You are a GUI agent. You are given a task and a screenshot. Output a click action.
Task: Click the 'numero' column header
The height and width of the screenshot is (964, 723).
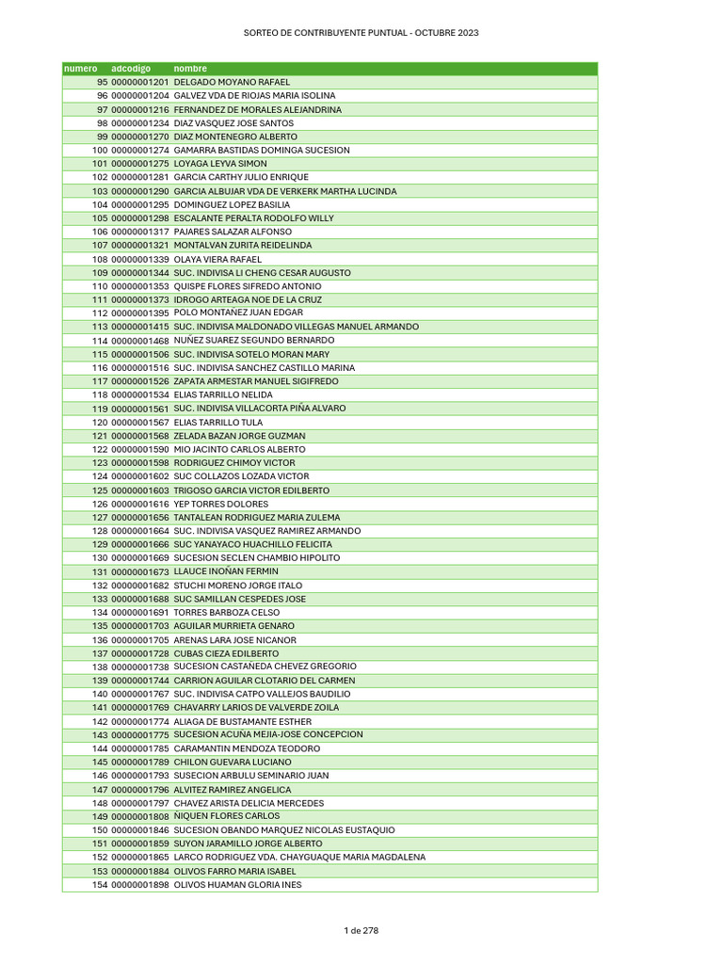tap(80, 69)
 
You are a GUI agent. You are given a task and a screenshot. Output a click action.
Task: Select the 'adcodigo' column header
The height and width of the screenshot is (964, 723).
tap(131, 69)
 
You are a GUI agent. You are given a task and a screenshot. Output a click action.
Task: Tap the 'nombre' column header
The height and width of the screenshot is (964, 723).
tap(190, 69)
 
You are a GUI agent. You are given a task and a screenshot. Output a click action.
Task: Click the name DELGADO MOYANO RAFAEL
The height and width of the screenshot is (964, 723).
tap(233, 82)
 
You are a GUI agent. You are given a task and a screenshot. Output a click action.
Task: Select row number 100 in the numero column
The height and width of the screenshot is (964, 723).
tap(99, 151)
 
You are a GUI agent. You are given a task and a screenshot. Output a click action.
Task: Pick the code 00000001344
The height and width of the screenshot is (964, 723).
tap(139, 273)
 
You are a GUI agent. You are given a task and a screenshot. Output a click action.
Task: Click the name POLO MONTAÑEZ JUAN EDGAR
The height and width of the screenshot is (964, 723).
tap(238, 313)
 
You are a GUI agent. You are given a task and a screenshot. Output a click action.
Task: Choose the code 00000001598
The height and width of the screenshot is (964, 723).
tap(139, 463)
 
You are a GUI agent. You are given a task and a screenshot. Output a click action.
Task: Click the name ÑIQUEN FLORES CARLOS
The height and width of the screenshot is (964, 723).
tap(227, 816)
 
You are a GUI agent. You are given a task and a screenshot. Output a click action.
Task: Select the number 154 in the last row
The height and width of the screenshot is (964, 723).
tap(99, 885)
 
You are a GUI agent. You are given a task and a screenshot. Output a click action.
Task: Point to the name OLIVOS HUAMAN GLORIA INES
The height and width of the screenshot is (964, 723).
tap(238, 885)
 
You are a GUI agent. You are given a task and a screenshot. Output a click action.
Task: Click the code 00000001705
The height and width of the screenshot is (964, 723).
tap(139, 640)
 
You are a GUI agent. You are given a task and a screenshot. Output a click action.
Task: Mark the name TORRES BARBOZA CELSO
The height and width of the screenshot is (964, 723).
tap(227, 613)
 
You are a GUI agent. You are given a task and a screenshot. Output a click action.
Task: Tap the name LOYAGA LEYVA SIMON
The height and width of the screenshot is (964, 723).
tap(220, 164)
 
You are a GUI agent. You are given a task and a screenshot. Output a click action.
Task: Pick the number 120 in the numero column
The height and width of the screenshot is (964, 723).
tap(99, 423)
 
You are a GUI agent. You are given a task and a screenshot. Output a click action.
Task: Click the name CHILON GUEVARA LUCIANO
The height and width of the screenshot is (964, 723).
tap(233, 762)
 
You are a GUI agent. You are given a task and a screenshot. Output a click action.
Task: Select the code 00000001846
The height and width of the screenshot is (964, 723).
tap(139, 830)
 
